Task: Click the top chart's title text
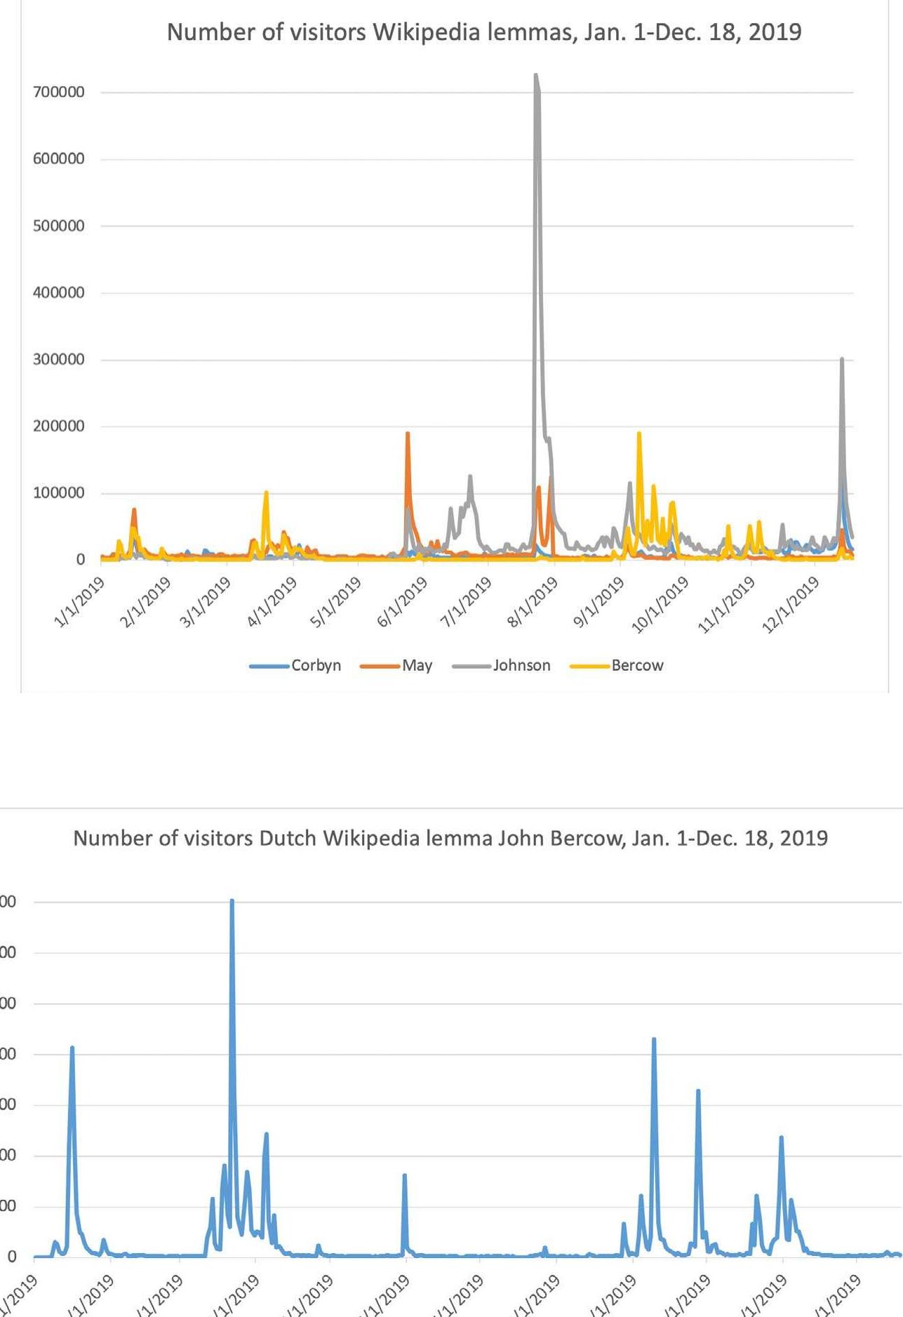[x=483, y=32]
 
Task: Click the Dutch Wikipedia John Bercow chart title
[x=450, y=838]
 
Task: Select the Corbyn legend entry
[x=316, y=665]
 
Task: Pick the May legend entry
[x=417, y=665]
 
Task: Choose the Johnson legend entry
[x=521, y=665]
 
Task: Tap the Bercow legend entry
[x=637, y=665]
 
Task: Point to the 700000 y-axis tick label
[x=59, y=92]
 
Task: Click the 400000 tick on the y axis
[x=59, y=293]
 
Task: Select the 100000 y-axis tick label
[x=59, y=493]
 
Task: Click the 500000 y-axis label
[x=59, y=226]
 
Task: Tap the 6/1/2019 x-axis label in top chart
[x=403, y=602]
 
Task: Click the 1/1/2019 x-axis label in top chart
[x=79, y=602]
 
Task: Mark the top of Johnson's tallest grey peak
[x=536, y=75]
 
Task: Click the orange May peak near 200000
[x=407, y=434]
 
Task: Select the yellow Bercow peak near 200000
[x=639, y=434]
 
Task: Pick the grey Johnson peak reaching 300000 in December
[x=842, y=359]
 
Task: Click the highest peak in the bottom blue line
[x=232, y=900]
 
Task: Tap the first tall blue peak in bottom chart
[x=72, y=1048]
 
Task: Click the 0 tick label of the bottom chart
[x=11, y=1257]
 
